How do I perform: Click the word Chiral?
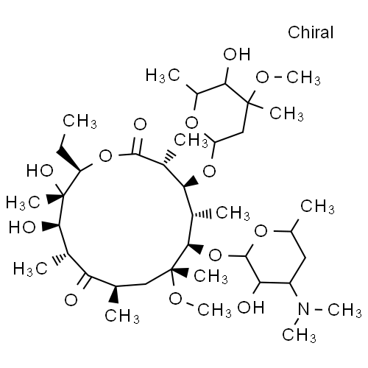[311, 32]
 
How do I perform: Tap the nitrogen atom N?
[304, 309]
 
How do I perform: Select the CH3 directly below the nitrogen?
[299, 335]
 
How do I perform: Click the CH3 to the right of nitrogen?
[344, 310]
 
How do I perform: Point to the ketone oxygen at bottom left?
[71, 300]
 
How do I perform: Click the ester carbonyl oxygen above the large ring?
[140, 124]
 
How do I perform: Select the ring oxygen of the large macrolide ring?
[106, 156]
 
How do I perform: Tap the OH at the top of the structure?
[237, 54]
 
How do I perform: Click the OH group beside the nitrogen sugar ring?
[250, 308]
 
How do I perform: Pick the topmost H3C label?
[163, 75]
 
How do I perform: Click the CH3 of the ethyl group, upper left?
[79, 121]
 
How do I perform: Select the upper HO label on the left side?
[40, 171]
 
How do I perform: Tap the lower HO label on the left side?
[22, 227]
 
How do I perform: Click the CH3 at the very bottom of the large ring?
[122, 316]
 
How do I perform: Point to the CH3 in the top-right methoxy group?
[303, 78]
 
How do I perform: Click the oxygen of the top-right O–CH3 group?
[262, 77]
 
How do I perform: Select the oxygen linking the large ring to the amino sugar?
[215, 255]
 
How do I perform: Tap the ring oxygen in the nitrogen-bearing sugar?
[261, 231]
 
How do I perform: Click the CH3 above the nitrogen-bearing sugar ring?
[317, 207]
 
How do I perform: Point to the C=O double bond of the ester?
[137, 146]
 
